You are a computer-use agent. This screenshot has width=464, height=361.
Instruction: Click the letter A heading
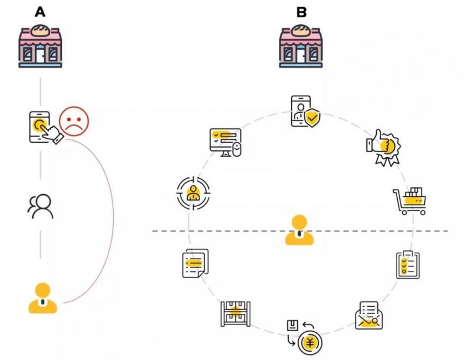point(40,12)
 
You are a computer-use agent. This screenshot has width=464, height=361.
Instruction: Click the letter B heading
point(302,12)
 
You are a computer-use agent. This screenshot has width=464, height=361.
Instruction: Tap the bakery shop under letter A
point(40,46)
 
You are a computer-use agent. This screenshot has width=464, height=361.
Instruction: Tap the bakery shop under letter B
point(301,46)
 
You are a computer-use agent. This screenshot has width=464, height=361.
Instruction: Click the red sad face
point(74,122)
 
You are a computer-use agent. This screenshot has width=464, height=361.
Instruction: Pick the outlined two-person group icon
point(40,206)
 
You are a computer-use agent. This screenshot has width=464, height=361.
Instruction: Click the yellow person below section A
point(43,298)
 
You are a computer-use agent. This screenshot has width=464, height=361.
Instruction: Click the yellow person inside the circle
point(299,230)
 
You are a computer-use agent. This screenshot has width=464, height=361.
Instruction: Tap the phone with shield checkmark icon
point(305,111)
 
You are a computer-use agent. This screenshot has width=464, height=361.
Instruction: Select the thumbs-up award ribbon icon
point(384,148)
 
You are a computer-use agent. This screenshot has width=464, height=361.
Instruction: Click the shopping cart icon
point(409,201)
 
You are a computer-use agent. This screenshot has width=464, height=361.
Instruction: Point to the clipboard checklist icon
point(408,265)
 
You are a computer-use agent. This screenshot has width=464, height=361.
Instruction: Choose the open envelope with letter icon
point(369,316)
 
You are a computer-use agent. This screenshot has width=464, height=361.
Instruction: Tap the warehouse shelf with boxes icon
point(235,314)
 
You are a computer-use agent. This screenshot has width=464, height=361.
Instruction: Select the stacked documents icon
point(196,263)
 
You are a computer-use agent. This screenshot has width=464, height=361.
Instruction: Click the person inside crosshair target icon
point(193,193)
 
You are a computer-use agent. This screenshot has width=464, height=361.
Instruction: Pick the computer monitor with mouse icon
point(225,143)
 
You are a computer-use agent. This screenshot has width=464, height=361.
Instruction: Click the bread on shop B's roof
point(301,31)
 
